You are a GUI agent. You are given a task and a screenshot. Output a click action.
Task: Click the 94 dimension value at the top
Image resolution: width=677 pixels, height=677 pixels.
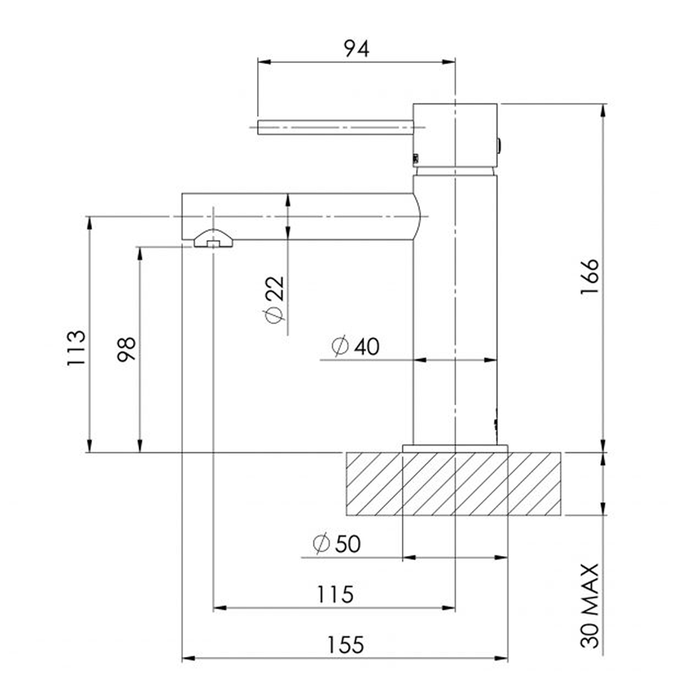355,48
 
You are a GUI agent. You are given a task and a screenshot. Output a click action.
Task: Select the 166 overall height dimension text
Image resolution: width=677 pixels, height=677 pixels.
590,276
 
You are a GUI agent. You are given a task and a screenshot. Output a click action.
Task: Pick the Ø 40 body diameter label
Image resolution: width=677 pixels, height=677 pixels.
355,346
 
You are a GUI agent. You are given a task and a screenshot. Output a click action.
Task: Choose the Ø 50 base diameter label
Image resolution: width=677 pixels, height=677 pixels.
337,543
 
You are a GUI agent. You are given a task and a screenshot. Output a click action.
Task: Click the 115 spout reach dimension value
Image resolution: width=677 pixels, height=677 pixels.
335,594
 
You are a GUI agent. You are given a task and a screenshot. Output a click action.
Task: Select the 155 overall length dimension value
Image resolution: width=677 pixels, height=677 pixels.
344,644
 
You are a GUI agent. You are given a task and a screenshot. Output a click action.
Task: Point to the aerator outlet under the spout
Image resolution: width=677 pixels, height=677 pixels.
214,239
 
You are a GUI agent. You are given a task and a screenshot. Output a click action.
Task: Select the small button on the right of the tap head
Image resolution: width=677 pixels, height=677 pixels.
499,145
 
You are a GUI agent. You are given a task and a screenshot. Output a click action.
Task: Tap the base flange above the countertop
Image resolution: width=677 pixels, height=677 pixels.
454,448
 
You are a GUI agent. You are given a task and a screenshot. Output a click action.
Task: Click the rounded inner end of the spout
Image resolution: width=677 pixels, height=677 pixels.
416,216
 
